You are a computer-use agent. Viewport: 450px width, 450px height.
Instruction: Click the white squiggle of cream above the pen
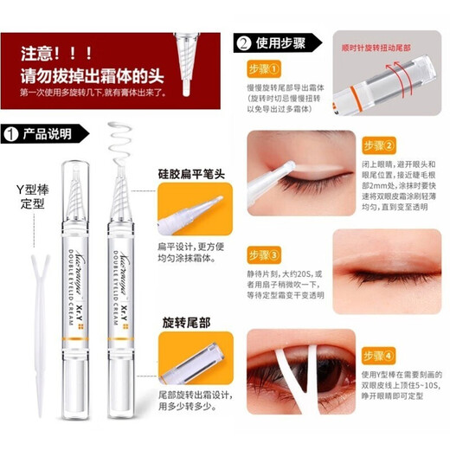[120, 142]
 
